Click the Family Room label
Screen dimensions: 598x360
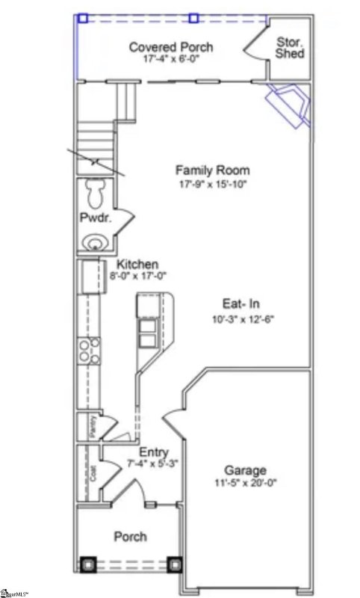(212, 170)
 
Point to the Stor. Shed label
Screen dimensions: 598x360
(289, 48)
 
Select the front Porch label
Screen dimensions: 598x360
(130, 536)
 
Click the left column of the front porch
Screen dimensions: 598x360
(88, 565)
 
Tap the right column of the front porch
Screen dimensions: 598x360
(175, 565)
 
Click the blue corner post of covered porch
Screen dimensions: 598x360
(83, 18)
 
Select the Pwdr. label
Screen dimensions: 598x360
(95, 218)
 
